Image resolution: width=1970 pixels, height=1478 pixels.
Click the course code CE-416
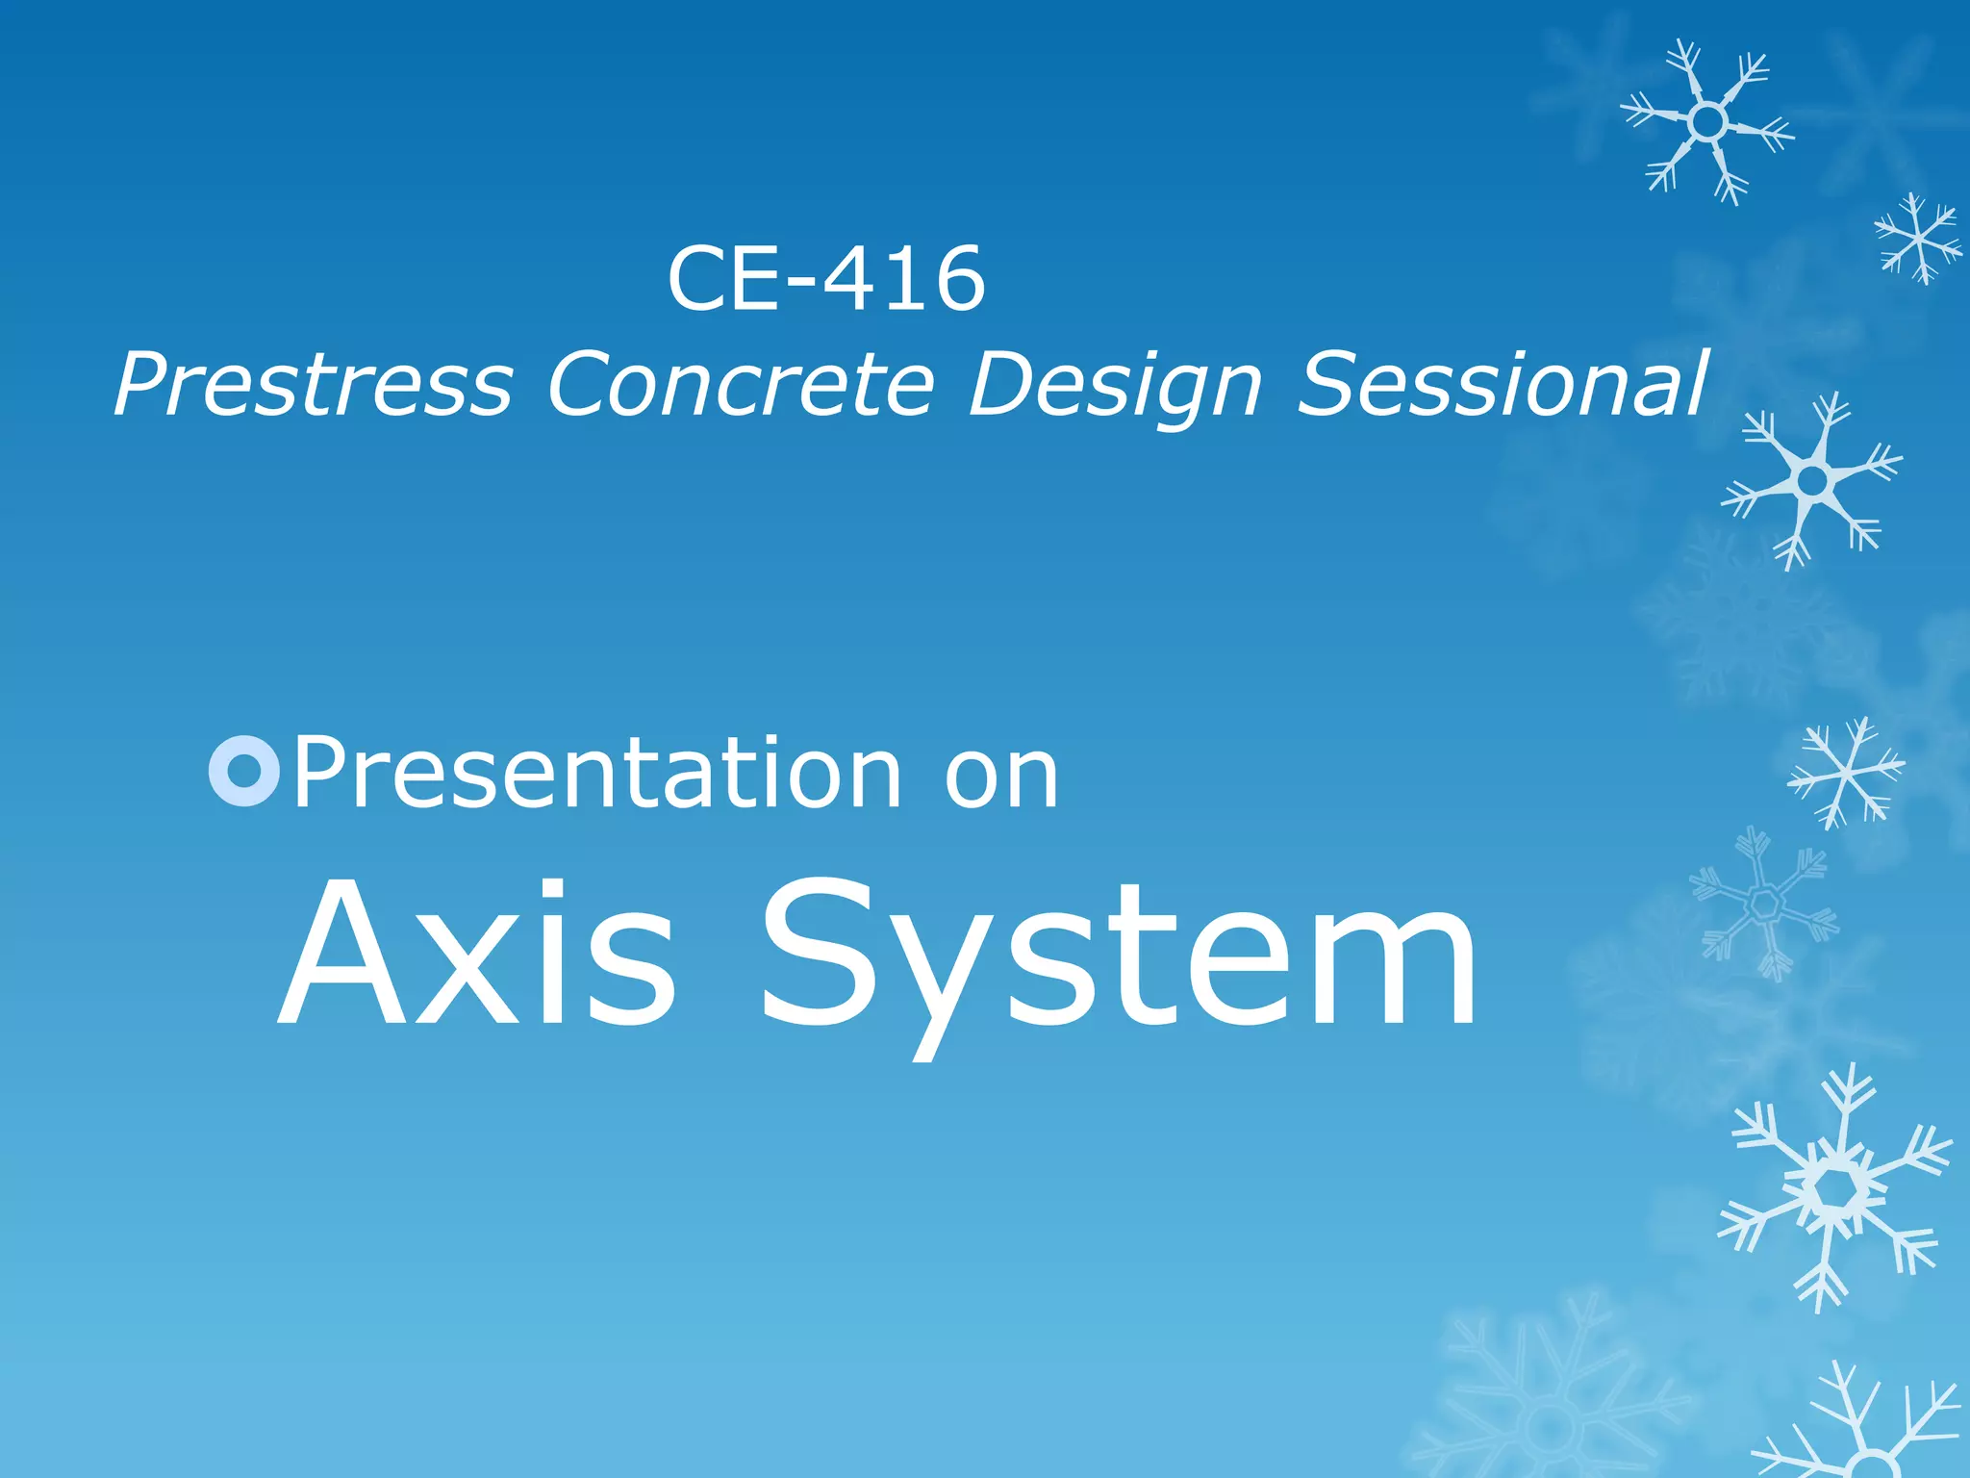tap(826, 279)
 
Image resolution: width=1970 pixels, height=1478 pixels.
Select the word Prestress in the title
tap(314, 385)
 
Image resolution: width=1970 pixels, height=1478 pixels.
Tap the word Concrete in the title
tap(741, 385)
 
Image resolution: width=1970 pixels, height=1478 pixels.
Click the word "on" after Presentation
tap(1001, 776)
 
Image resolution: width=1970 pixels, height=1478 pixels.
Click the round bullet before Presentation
tap(244, 771)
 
